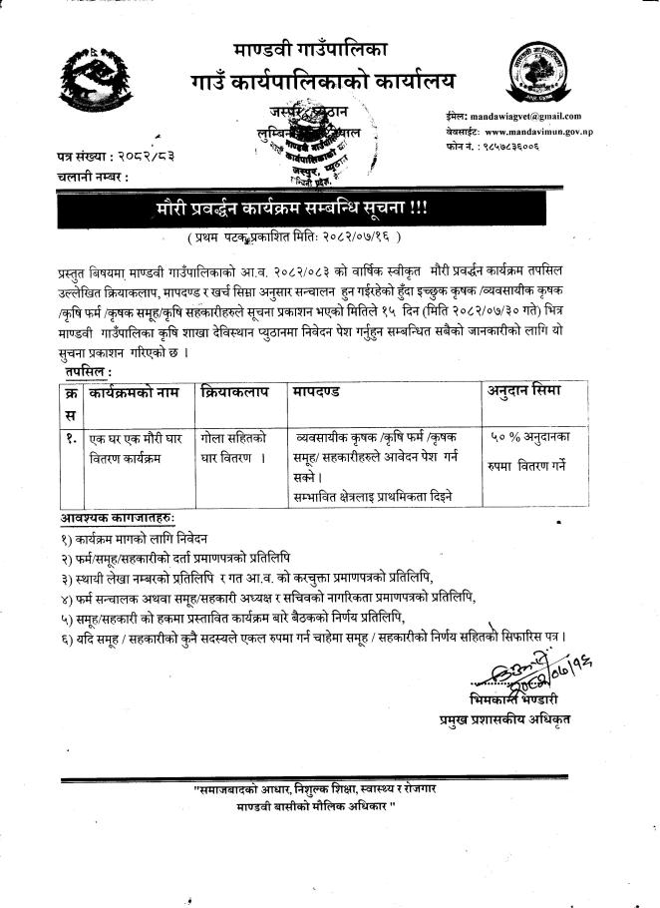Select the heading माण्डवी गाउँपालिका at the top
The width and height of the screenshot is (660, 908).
point(311,48)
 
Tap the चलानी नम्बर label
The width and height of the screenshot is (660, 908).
point(93,177)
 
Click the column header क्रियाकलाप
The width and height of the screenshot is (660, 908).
point(235,392)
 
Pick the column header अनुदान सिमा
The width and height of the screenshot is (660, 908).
point(523,392)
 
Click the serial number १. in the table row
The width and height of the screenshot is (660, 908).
point(70,436)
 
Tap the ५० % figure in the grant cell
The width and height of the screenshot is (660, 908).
point(506,437)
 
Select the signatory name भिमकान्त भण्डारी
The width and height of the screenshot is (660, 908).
point(515,697)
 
